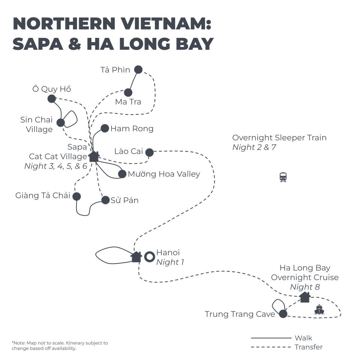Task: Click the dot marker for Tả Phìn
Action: (x=138, y=69)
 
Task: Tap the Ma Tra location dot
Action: (x=128, y=92)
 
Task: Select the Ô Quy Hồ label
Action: (x=51, y=89)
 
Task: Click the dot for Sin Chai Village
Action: (x=60, y=123)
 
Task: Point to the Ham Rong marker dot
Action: (x=105, y=128)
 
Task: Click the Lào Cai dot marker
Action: (x=149, y=152)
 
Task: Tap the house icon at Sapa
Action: (x=93, y=156)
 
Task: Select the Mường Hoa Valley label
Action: (x=164, y=174)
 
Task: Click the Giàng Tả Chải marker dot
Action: (x=76, y=196)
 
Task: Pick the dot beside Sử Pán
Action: (x=105, y=200)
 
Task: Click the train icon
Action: (x=283, y=177)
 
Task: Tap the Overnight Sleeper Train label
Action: (x=279, y=138)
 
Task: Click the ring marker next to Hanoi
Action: (x=150, y=257)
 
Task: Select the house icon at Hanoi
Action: (x=136, y=257)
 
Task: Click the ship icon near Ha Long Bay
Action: (x=319, y=309)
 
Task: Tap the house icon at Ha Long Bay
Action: (x=305, y=297)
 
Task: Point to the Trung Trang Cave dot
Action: (x=283, y=314)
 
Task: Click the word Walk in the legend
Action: (x=303, y=338)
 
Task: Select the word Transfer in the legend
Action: (x=308, y=347)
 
